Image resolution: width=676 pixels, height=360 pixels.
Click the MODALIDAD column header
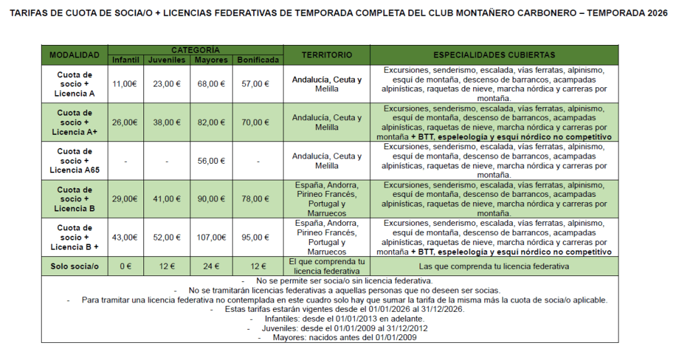[x=74, y=55]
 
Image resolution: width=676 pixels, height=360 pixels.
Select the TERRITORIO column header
[x=326, y=55]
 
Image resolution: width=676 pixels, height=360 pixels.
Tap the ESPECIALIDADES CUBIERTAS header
[x=494, y=55]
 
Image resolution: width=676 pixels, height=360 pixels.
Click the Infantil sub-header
[x=125, y=60]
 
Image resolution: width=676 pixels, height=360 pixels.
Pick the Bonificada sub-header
[x=258, y=60]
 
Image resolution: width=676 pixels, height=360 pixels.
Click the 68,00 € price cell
[x=211, y=84]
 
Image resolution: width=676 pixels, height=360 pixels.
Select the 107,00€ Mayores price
[x=211, y=237]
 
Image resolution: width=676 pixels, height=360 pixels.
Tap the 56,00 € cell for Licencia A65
[x=211, y=161]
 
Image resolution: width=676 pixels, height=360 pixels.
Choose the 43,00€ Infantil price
[x=125, y=237]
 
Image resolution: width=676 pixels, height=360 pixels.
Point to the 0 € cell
[x=125, y=266]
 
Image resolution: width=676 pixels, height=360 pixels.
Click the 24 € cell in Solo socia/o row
[x=211, y=266]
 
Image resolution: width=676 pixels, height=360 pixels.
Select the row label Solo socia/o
[x=74, y=266]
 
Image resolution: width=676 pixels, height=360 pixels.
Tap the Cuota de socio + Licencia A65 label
[x=74, y=161]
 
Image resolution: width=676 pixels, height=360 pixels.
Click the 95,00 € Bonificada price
[x=258, y=237]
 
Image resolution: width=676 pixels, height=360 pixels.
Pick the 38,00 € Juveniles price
[x=167, y=122]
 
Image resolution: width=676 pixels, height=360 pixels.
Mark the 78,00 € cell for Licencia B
[x=258, y=199]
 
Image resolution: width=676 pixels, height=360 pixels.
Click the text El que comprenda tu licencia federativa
[x=326, y=266]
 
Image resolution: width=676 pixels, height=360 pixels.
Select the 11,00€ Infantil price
[x=125, y=84]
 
